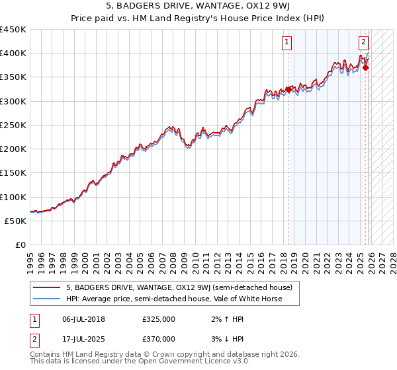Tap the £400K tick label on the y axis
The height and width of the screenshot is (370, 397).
click(x=13, y=54)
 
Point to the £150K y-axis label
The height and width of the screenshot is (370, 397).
click(x=13, y=173)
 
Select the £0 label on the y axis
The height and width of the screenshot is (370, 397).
click(x=21, y=245)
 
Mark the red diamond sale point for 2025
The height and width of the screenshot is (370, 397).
click(x=366, y=67)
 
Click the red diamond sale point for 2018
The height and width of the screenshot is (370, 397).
click(x=288, y=89)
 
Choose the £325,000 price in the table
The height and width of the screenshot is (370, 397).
click(x=159, y=319)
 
